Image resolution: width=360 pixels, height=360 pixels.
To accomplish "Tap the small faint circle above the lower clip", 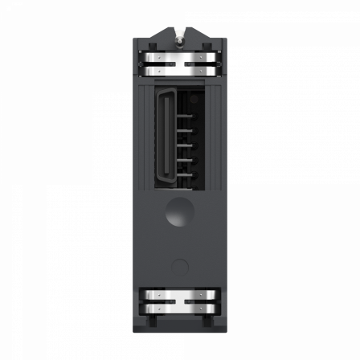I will click(180, 266).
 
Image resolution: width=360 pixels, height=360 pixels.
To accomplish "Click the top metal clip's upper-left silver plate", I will click(161, 58).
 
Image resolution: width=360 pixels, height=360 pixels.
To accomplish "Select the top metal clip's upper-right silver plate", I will click(199, 58).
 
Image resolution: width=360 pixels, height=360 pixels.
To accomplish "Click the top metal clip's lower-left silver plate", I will click(161, 71).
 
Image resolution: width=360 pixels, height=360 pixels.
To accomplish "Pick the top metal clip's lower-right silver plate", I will click(199, 71).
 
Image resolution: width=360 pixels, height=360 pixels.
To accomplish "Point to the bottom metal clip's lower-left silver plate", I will click(161, 309).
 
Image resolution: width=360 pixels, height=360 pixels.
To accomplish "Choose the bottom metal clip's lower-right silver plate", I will click(199, 309).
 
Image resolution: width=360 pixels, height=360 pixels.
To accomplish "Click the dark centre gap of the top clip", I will click(180, 64).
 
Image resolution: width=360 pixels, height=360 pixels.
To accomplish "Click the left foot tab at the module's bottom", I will click(149, 323).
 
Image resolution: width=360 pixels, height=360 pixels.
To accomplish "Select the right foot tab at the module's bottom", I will click(211, 323).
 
